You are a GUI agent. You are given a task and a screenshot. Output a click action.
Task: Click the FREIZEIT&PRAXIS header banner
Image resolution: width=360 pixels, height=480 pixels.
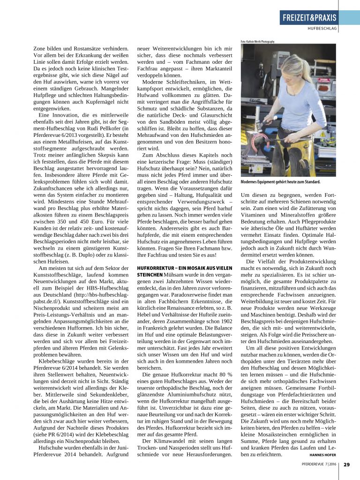pyautogui.click(x=309, y=18)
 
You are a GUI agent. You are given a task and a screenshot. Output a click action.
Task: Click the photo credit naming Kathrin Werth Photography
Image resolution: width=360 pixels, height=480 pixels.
pyautogui.click(x=257, y=41)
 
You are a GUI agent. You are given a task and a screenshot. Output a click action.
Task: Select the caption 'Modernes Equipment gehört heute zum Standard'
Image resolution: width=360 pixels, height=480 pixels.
pyautogui.click(x=280, y=182)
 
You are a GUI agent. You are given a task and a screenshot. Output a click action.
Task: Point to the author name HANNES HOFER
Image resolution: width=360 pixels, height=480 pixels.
pyautogui.click(x=323, y=455)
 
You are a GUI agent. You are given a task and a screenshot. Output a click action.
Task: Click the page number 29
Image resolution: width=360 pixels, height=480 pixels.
pyautogui.click(x=346, y=465)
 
